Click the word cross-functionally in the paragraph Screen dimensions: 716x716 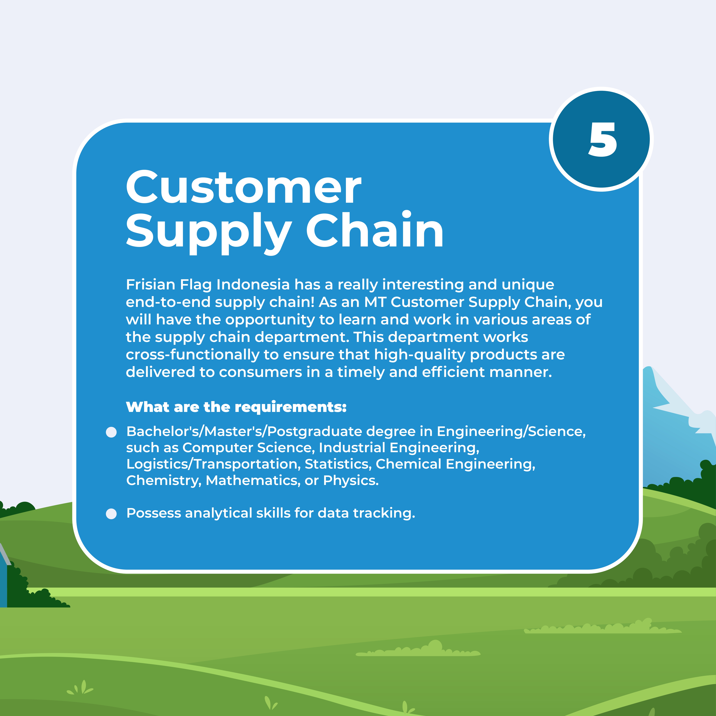192,355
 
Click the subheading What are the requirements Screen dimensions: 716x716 236,407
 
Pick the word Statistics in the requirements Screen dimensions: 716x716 338,464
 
